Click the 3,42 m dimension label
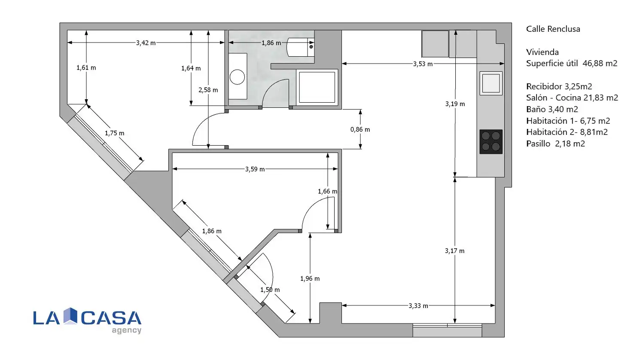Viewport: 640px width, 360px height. pos(146,43)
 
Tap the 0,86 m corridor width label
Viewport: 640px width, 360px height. pos(360,129)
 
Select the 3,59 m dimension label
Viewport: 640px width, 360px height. pos(255,169)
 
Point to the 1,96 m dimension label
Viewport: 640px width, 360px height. pos(310,278)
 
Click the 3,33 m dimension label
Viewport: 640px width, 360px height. pos(418,306)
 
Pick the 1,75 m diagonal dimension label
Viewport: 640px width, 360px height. pos(115,133)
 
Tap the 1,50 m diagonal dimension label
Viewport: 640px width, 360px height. pos(270,290)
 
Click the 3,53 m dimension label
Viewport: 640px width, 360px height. pos(423,64)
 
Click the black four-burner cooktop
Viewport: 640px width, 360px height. pos(491,142)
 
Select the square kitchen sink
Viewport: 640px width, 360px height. pos(491,83)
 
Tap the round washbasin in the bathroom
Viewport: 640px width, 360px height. pos(237,77)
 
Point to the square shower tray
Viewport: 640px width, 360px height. pos(317,87)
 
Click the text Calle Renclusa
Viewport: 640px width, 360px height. pos(553,29)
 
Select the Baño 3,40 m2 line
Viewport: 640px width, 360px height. pos(552,109)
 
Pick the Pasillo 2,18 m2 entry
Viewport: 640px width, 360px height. pos(555,143)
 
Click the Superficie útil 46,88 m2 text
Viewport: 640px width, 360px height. pos(572,63)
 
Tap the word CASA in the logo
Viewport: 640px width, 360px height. pos(111,318)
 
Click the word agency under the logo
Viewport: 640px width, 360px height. pos(127,330)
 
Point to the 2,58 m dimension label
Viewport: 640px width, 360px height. pos(208,90)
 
